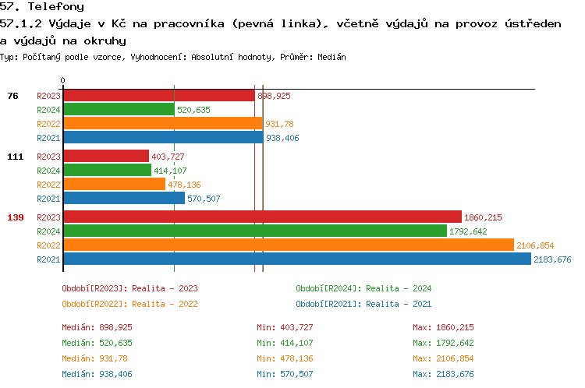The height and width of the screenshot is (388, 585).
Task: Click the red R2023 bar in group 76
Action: [158, 96]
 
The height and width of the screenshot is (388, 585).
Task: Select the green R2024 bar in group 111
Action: [107, 170]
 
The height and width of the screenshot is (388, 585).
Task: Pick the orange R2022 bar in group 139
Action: [289, 245]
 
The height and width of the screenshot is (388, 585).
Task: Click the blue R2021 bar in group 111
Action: [124, 198]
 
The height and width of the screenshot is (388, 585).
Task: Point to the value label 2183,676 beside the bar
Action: [552, 259]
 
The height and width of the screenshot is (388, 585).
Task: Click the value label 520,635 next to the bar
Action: [193, 110]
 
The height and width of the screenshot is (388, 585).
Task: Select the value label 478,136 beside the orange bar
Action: [184, 185]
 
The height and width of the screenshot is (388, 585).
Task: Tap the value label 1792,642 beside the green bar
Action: [469, 231]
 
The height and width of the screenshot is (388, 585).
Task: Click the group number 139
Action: [16, 217]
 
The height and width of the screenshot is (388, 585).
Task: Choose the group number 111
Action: [16, 157]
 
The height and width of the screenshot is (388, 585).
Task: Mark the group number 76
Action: [12, 96]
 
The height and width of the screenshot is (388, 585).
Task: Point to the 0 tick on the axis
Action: [63, 80]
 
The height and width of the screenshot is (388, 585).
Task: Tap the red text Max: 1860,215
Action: [443, 327]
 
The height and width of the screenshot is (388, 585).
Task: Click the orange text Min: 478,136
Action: [285, 358]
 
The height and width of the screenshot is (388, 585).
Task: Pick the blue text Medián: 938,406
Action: [97, 374]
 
